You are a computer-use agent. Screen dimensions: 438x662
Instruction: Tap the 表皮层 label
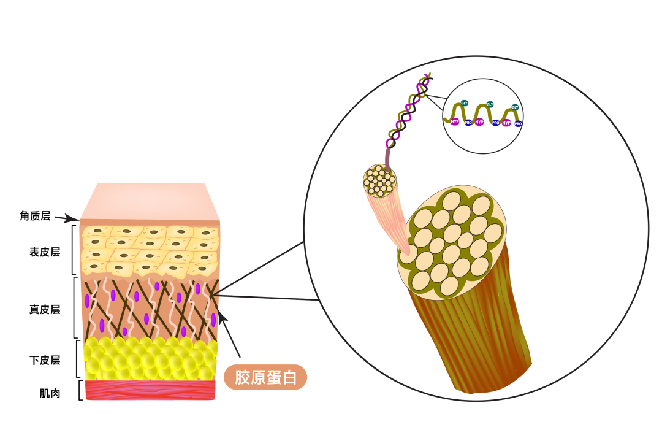click(x=45, y=252)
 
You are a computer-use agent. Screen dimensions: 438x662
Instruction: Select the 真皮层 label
click(x=45, y=309)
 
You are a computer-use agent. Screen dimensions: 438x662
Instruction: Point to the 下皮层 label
click(x=45, y=360)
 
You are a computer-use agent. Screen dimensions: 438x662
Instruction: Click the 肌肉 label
click(x=50, y=393)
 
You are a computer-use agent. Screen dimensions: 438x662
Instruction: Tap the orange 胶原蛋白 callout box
click(x=265, y=377)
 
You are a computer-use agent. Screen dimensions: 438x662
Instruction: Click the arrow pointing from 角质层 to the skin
click(x=67, y=218)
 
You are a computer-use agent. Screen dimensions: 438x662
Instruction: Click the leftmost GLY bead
click(x=464, y=102)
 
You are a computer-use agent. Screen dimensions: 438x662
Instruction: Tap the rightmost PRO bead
click(x=518, y=123)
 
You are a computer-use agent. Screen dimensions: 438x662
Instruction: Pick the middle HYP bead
click(x=479, y=122)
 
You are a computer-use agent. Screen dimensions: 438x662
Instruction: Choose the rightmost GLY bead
click(x=515, y=107)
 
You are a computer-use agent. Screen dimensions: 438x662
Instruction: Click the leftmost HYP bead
click(x=454, y=121)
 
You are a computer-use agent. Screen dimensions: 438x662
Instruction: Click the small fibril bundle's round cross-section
click(x=380, y=180)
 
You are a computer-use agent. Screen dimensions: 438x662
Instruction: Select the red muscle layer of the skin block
click(x=150, y=390)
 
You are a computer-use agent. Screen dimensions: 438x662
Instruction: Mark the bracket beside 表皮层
click(x=74, y=250)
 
